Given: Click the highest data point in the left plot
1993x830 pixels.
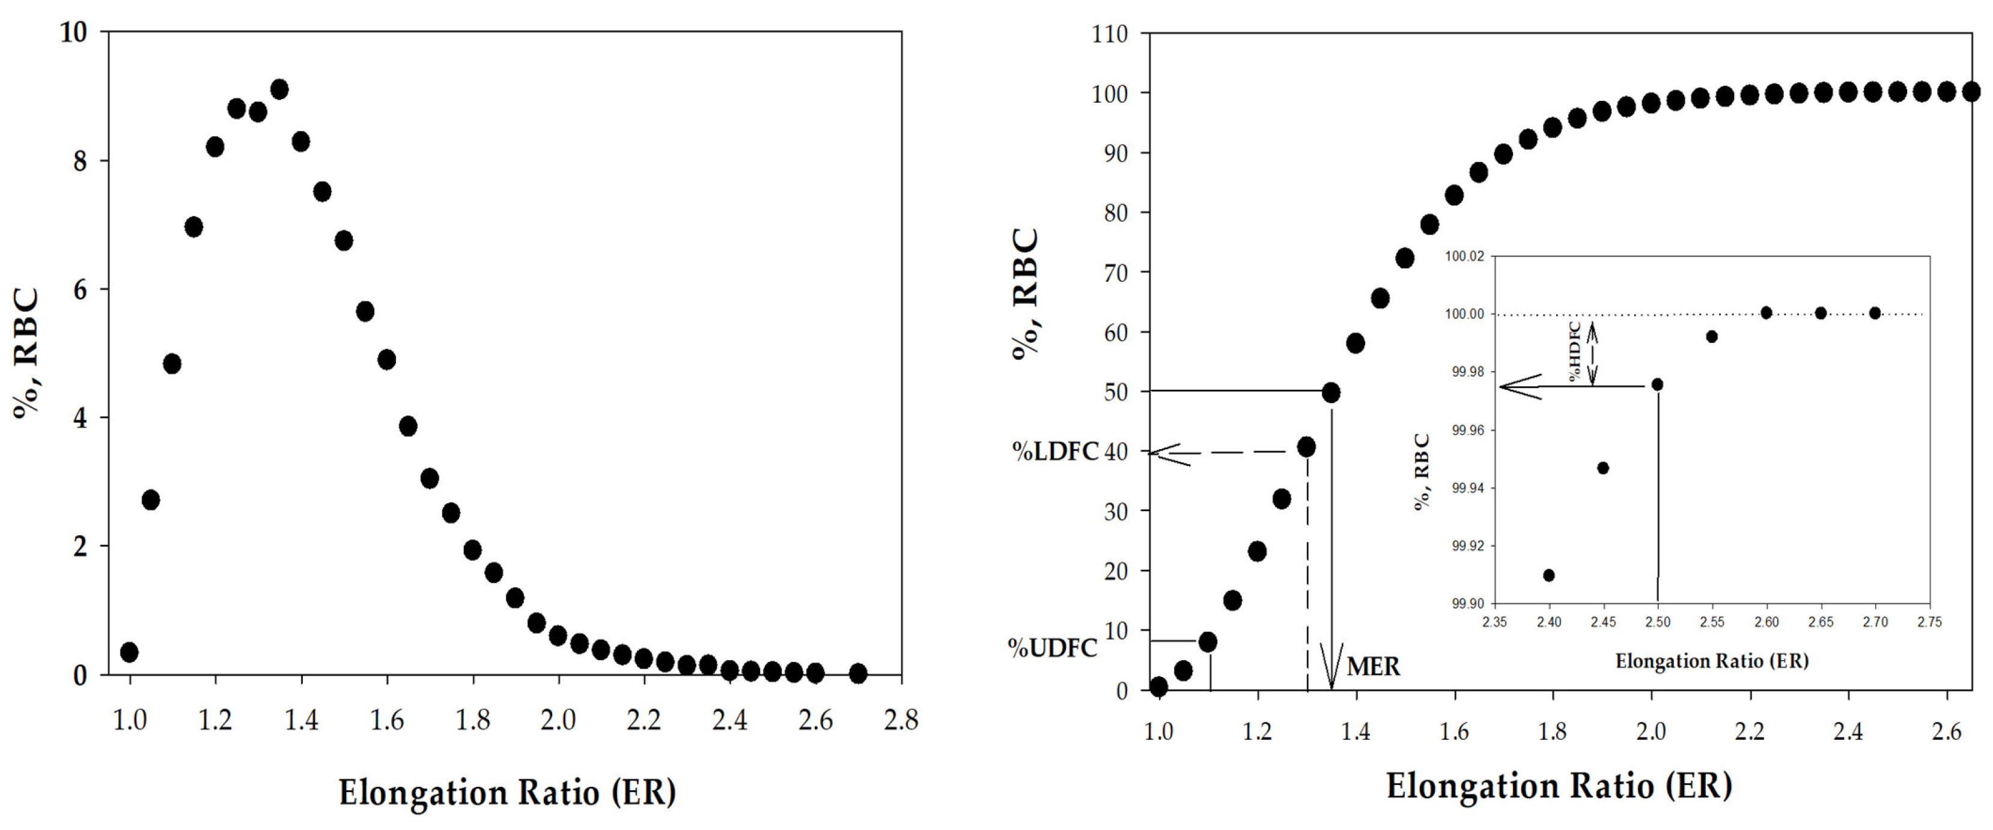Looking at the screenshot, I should [x=279, y=89].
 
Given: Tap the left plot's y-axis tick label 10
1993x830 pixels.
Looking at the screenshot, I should [x=73, y=32].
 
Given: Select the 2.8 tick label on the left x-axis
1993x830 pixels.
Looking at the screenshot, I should [x=901, y=720].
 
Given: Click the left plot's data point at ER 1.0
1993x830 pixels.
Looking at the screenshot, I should [x=129, y=652].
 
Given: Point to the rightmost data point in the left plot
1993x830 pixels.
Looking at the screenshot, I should [x=857, y=673].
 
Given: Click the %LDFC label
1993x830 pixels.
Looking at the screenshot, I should [x=1055, y=451].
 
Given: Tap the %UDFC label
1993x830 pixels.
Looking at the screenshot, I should [x=1052, y=647].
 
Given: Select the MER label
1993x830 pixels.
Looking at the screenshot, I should [x=1374, y=666].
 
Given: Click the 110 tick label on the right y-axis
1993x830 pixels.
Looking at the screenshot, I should [x=1109, y=34].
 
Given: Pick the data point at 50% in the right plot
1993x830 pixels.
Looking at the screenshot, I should [x=1331, y=392].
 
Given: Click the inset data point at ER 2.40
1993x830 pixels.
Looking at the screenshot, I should [x=1549, y=575].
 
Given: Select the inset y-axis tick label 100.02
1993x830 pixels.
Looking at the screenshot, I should [x=1465, y=256].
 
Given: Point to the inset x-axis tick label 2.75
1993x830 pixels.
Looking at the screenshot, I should [x=1929, y=622].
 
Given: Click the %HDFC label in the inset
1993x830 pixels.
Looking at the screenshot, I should [x=1574, y=352].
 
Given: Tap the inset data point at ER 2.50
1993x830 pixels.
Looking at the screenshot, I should [x=1657, y=384].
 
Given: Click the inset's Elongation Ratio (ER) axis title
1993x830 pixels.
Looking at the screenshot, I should [x=1711, y=661].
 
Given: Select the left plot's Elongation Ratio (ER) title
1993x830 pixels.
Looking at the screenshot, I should [x=507, y=792].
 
